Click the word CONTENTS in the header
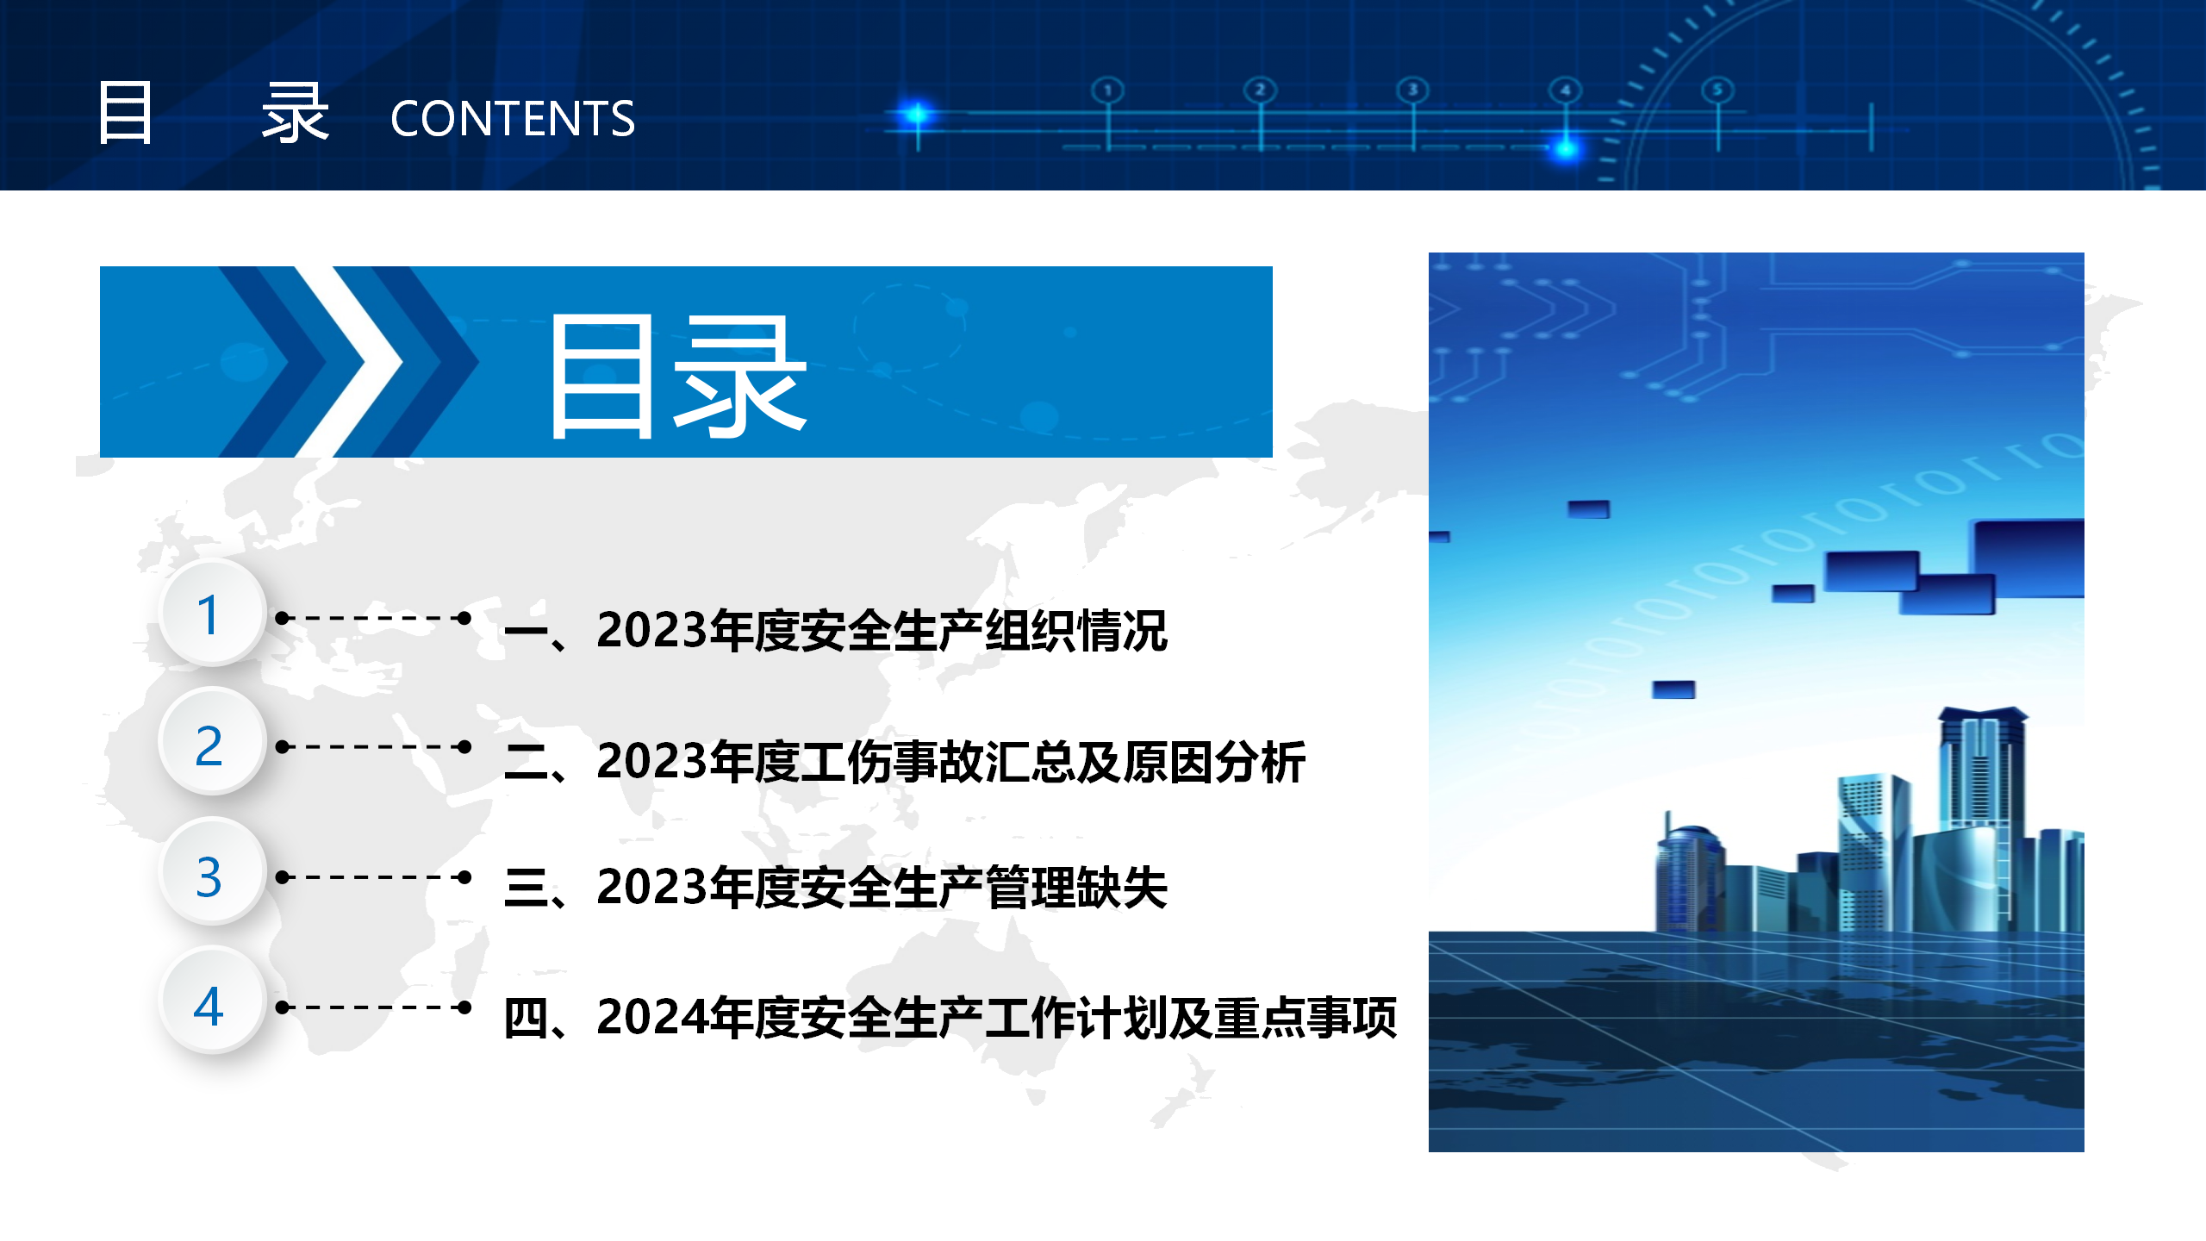pos(513,118)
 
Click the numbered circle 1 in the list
pos(211,613)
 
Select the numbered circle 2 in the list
pos(211,743)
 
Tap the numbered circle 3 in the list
pos(211,873)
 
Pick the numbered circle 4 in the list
pos(211,1002)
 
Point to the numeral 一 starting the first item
pos(526,632)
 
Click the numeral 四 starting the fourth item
pos(526,1018)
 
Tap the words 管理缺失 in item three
pos(1076,888)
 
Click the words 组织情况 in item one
pos(1076,630)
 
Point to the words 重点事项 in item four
pos(1306,1017)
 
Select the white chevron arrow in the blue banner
pos(349,362)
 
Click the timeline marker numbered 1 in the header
pos(1108,90)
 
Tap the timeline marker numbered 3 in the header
pos(1412,90)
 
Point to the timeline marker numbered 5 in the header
pos(1717,90)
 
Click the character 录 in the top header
pos(296,113)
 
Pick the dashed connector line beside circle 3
pos(373,877)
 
